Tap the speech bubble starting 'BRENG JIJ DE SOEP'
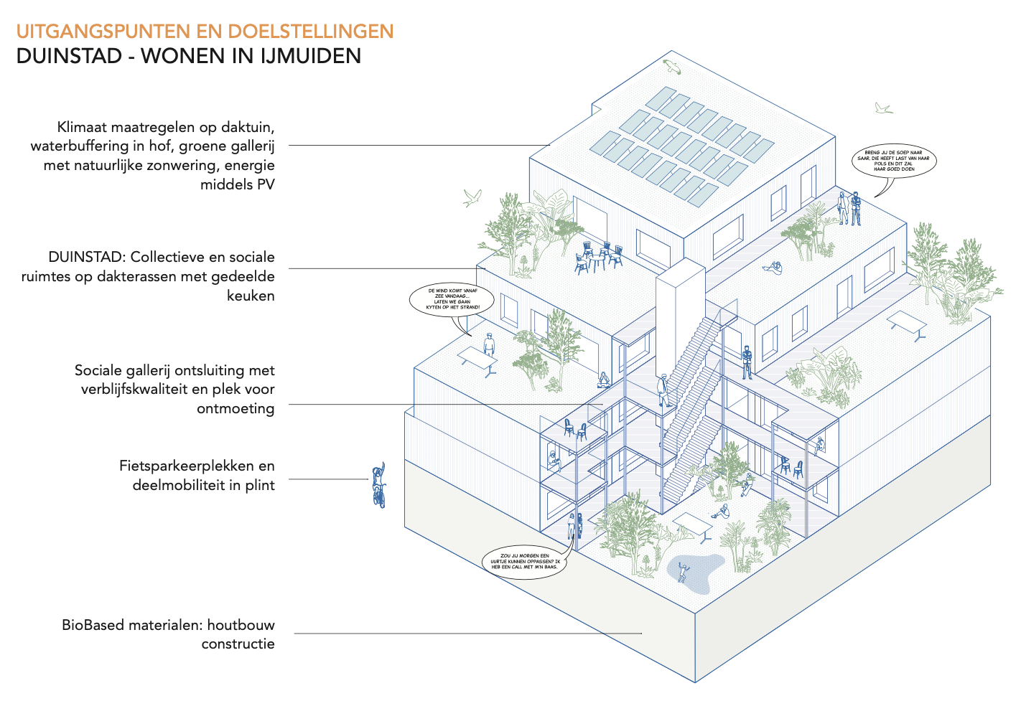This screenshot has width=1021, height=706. coord(894,161)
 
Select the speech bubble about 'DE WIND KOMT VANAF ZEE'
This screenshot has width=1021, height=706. coord(452,299)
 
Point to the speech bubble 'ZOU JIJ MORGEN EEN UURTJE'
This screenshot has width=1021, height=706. coord(524,561)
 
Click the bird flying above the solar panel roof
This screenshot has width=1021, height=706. coord(672,67)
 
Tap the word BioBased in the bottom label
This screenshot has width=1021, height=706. coord(92,625)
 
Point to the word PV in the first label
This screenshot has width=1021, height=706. coord(266,184)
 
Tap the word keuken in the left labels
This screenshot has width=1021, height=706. coord(251,296)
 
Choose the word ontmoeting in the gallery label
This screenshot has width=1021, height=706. coord(236,408)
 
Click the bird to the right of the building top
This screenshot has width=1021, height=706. coord(883,108)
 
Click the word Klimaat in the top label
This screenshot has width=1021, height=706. coord(83,127)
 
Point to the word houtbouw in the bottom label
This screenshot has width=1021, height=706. coord(241,625)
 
